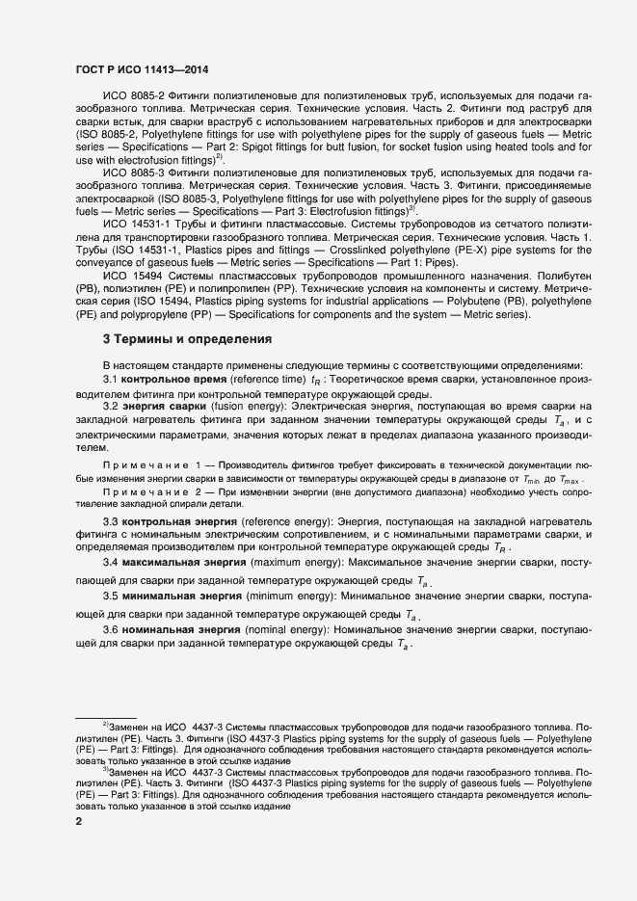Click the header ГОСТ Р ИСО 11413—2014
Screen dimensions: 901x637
(x=142, y=69)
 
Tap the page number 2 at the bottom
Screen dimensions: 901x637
(x=79, y=821)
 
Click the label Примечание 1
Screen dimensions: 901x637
(x=155, y=466)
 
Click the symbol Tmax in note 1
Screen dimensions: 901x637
(x=572, y=480)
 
